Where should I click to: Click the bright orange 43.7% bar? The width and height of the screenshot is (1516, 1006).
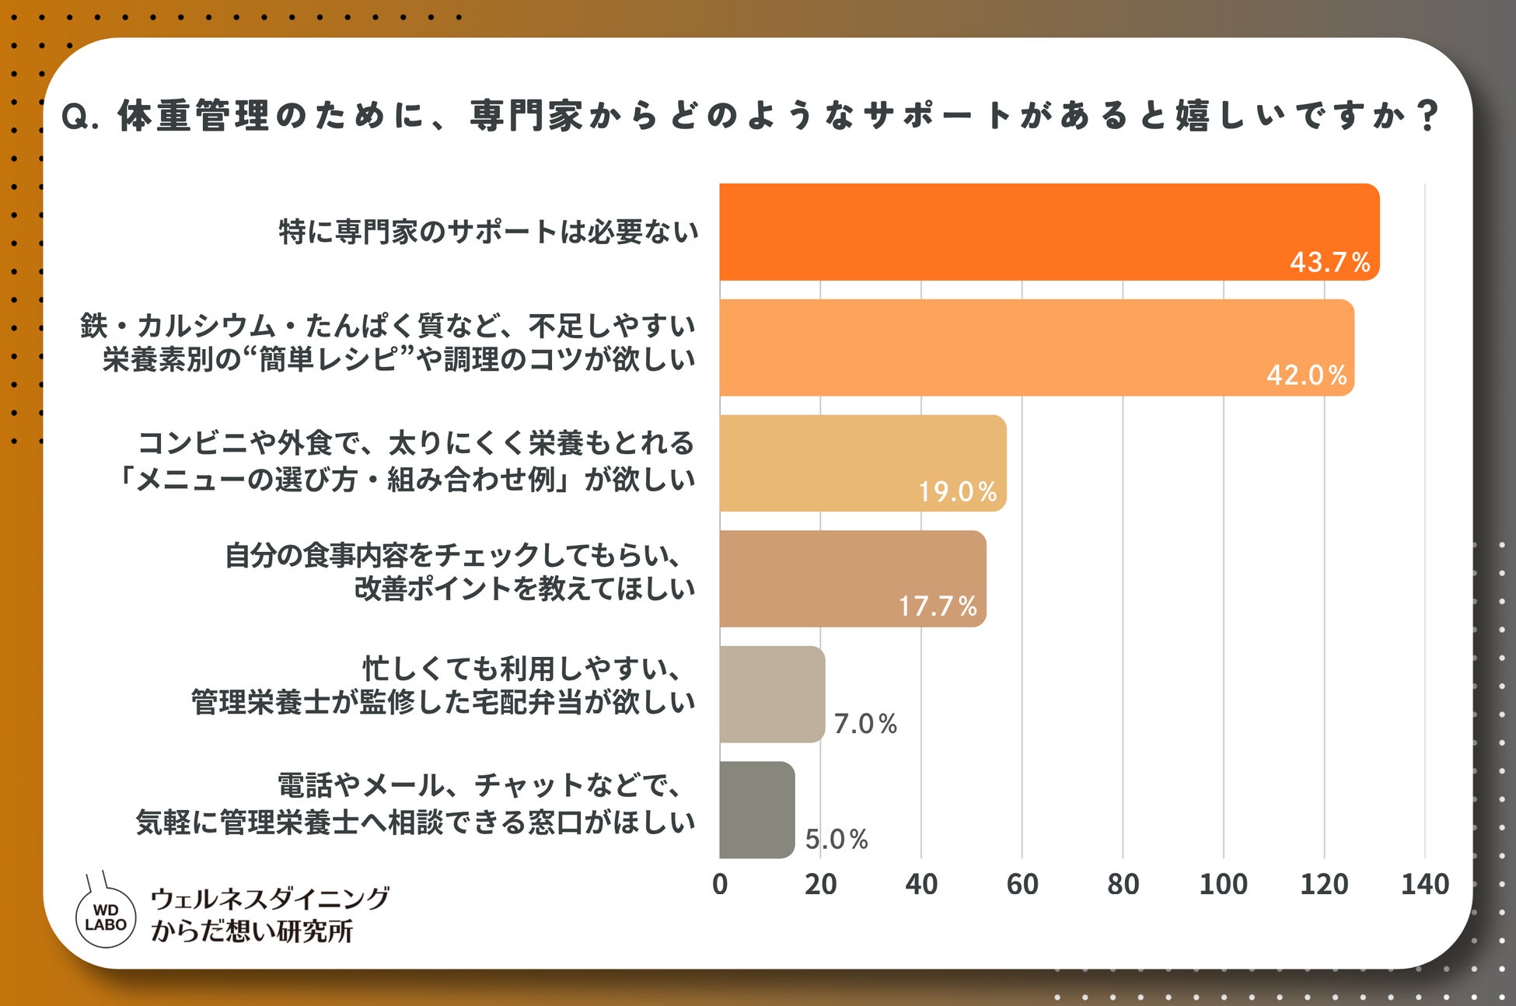click(x=1050, y=232)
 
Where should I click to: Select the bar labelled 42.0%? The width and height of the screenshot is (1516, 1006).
click(x=1037, y=348)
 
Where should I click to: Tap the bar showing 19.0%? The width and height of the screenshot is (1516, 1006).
click(x=863, y=463)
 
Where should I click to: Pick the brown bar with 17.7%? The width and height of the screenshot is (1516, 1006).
click(x=853, y=578)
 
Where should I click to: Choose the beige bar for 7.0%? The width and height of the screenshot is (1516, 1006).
click(x=772, y=694)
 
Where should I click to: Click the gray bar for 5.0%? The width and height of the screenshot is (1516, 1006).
click(x=757, y=809)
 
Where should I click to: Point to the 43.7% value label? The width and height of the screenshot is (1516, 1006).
click(x=1329, y=262)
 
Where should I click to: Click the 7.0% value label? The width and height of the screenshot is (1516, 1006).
click(x=865, y=724)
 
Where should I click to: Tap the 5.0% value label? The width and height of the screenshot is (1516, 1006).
click(x=837, y=839)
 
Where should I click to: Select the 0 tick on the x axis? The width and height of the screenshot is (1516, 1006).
click(x=720, y=884)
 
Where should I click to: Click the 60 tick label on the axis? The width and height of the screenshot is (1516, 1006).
click(x=1022, y=884)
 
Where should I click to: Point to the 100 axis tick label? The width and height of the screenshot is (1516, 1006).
click(x=1223, y=884)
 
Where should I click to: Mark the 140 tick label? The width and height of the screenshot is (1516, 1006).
click(x=1424, y=884)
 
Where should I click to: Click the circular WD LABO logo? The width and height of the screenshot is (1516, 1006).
click(x=106, y=917)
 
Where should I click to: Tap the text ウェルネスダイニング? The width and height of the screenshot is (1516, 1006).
click(x=270, y=899)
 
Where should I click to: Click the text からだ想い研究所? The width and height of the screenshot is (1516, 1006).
click(x=252, y=931)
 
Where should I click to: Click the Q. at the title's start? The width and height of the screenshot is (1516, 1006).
click(x=80, y=117)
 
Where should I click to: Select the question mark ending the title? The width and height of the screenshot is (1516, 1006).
click(x=1427, y=116)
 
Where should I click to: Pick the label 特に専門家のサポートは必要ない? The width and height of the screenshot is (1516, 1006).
click(x=489, y=232)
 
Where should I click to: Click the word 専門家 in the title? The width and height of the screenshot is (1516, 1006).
click(x=526, y=116)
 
